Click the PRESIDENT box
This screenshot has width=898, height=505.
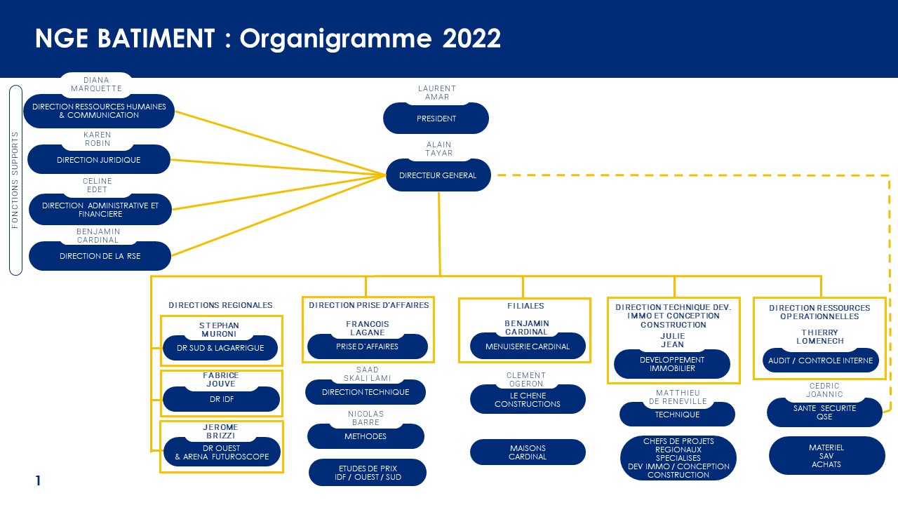[436, 119]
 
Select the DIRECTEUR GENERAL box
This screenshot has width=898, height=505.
[438, 175]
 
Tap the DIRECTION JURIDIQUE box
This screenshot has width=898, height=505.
[99, 159]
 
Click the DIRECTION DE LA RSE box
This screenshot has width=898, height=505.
[100, 256]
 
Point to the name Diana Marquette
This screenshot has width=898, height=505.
[96, 84]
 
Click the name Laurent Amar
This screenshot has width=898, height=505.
[437, 93]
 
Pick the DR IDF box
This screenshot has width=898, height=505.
[221, 399]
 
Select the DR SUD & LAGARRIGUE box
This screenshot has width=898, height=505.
[220, 348]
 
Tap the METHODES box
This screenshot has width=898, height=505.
[366, 436]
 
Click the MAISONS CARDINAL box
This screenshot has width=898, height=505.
[528, 452]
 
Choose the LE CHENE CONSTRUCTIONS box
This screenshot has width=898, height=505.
[528, 399]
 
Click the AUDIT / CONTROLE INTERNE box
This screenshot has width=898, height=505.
[820, 361]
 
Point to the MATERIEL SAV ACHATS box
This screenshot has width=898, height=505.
[826, 456]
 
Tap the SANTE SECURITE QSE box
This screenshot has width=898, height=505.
[824, 412]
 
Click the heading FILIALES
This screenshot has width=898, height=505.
[525, 306]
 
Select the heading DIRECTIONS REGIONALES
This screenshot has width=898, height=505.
[220, 305]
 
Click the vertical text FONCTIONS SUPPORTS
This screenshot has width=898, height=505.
[15, 180]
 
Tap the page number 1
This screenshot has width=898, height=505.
[38, 480]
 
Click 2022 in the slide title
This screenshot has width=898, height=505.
[471, 39]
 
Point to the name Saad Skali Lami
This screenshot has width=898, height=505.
[367, 374]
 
